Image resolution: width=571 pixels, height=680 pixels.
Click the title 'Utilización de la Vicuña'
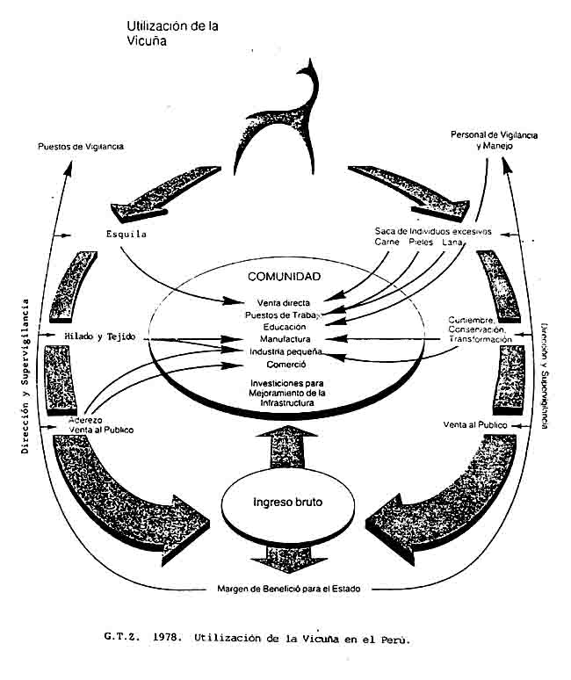tap(172, 33)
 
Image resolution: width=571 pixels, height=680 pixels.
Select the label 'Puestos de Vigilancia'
tap(81, 146)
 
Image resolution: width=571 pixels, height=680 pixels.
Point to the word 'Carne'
tap(387, 242)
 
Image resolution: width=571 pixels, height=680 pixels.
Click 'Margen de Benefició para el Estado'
tap(286, 588)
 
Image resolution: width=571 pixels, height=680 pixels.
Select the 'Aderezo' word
tap(86, 421)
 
